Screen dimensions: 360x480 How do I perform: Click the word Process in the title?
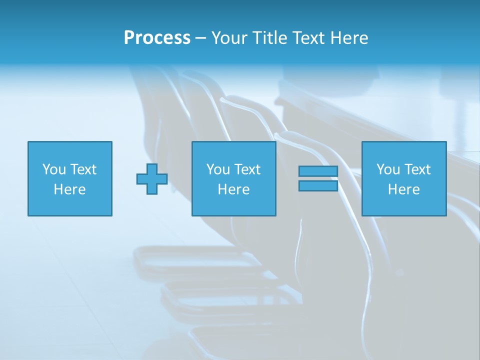157,38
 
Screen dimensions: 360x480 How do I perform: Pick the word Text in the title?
307,38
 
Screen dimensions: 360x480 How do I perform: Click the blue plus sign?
152,179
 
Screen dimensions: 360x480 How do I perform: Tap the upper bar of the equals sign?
318,171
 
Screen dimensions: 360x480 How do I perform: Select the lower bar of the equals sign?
318,185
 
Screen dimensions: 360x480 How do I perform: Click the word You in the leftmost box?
54,169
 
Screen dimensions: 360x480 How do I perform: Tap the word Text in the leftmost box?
83,169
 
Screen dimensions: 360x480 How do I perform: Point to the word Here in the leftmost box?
70,189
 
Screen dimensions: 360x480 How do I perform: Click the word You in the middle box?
218,169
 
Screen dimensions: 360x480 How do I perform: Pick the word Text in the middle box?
247,169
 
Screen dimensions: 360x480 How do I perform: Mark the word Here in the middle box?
234,189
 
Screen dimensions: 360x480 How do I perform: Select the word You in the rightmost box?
388,169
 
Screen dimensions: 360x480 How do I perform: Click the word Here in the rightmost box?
404,189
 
